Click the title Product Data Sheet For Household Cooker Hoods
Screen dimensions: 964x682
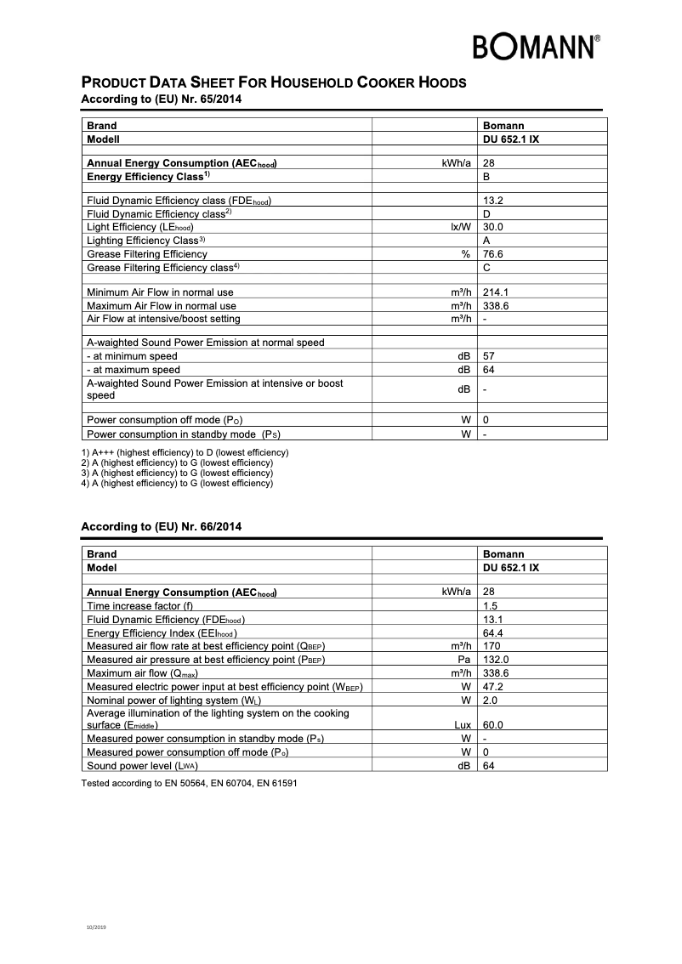[x=273, y=83]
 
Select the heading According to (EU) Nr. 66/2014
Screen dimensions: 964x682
[x=161, y=527]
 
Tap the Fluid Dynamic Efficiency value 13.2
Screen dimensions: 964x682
[x=493, y=201]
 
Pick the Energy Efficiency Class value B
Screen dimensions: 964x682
[x=486, y=176]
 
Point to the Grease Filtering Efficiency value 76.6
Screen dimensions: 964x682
[x=493, y=254]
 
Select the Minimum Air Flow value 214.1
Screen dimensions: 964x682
[x=496, y=292]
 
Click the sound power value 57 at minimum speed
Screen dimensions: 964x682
[x=489, y=357]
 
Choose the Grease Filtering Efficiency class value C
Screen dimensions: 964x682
[x=486, y=267]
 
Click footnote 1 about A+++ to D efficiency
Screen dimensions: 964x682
[x=185, y=452]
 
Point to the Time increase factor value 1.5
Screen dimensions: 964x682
[x=490, y=605]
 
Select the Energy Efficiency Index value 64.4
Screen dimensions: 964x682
[x=493, y=633]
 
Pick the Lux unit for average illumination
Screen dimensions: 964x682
[x=460, y=726]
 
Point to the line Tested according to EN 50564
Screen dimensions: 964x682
[x=189, y=782]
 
